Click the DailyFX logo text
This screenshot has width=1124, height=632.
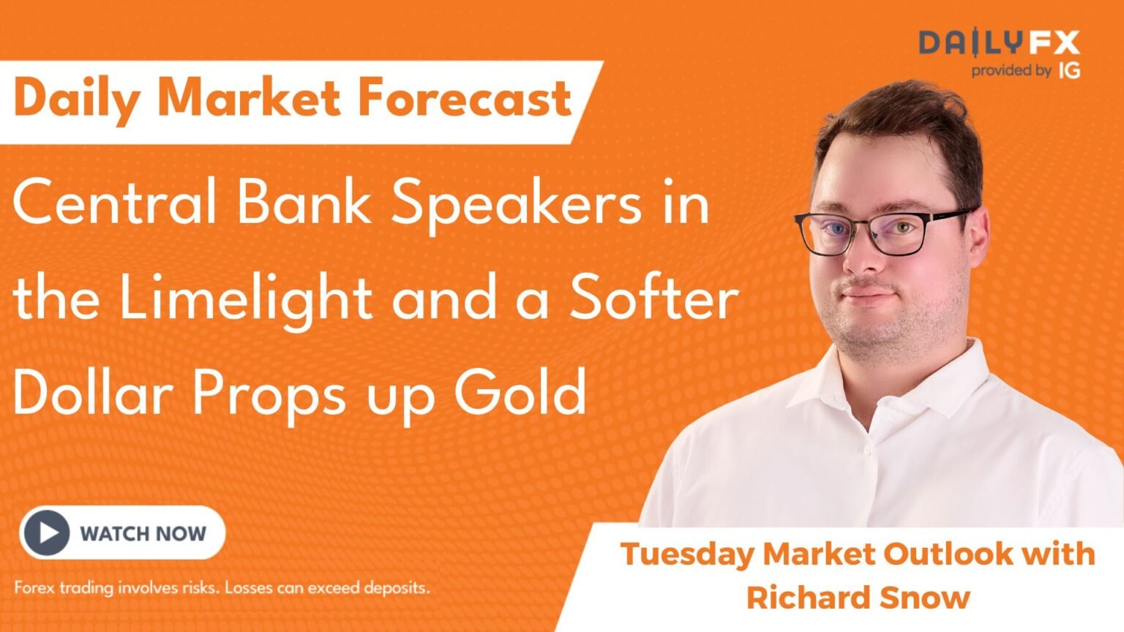click(999, 44)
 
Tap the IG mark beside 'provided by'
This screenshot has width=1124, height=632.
click(1069, 71)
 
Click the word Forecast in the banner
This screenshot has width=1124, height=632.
click(464, 99)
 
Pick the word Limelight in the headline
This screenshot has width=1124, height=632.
click(246, 298)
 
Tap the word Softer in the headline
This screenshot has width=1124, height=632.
click(653, 298)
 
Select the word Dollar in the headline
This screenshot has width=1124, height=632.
click(91, 392)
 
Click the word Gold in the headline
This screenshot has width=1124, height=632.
click(520, 392)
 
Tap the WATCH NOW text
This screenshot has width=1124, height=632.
click(143, 533)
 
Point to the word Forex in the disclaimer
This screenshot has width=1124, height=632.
click(34, 587)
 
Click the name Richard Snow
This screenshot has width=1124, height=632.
click(858, 598)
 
